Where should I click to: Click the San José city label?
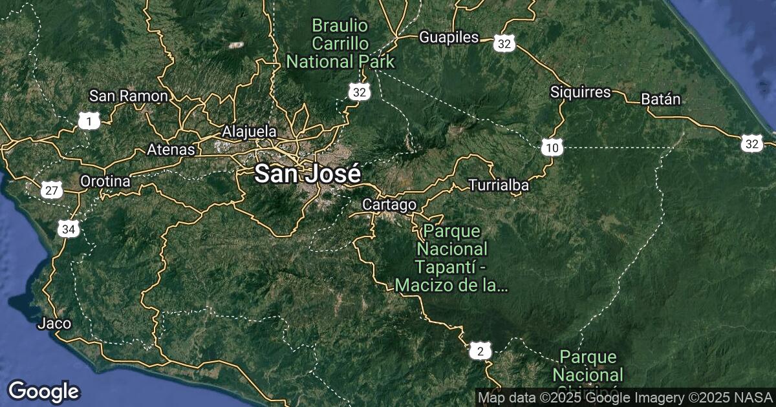307,174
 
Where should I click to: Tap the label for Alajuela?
249,132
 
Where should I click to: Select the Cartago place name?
389,205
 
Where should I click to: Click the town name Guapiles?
449,37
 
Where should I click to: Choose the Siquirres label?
580,92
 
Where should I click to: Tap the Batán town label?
661,99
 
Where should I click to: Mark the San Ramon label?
129,96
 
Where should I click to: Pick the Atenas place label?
171,149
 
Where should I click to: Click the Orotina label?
105,182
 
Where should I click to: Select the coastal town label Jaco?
54,323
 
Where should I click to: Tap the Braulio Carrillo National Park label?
340,44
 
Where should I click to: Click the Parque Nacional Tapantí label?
452,258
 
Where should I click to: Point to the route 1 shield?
89,120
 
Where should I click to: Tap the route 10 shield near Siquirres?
552,149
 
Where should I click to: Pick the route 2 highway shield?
479,352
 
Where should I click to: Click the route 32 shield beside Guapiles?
505,44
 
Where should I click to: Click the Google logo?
43,391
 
